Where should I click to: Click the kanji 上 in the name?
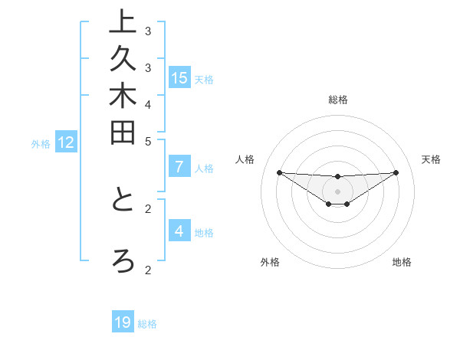click(122, 23)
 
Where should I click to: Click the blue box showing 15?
click(179, 77)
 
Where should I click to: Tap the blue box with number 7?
click(179, 166)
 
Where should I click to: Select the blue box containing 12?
click(66, 142)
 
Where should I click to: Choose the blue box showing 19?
click(123, 322)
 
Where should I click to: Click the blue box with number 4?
click(179, 231)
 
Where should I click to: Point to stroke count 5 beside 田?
click(148, 141)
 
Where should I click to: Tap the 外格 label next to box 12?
click(41, 143)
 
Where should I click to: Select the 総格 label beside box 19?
click(147, 324)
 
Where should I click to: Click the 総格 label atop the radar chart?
click(337, 100)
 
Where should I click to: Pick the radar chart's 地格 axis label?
click(402, 262)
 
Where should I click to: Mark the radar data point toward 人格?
click(279, 172)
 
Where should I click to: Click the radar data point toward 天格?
click(396, 172)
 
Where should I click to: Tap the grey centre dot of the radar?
click(337, 191)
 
